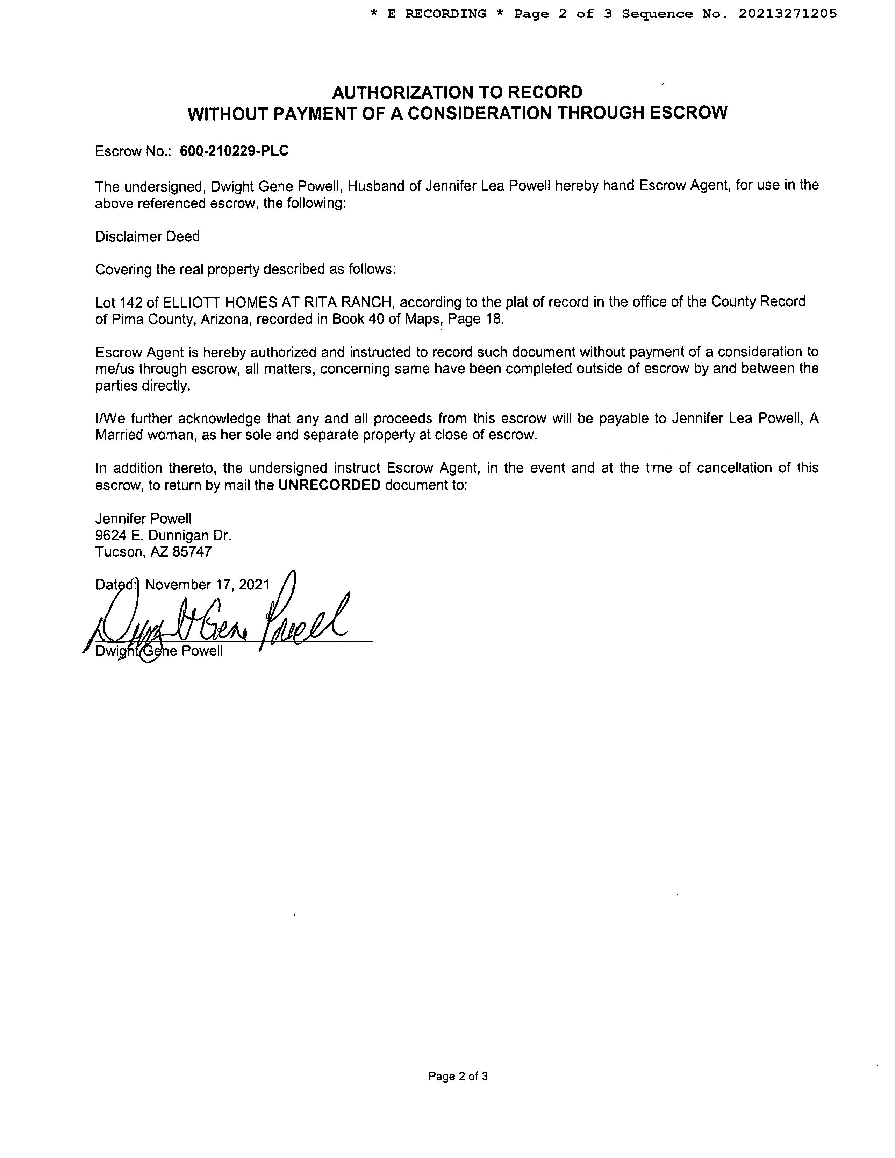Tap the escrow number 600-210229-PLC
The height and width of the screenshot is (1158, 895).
234,151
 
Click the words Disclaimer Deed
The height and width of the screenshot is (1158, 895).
148,236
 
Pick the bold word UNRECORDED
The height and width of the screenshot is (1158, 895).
329,485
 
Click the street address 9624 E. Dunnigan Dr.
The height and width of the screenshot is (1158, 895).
163,536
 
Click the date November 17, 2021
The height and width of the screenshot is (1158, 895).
207,585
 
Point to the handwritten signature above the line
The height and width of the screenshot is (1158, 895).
223,620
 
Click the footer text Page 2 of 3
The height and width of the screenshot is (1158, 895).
458,1076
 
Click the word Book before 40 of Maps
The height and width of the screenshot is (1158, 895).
348,319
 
